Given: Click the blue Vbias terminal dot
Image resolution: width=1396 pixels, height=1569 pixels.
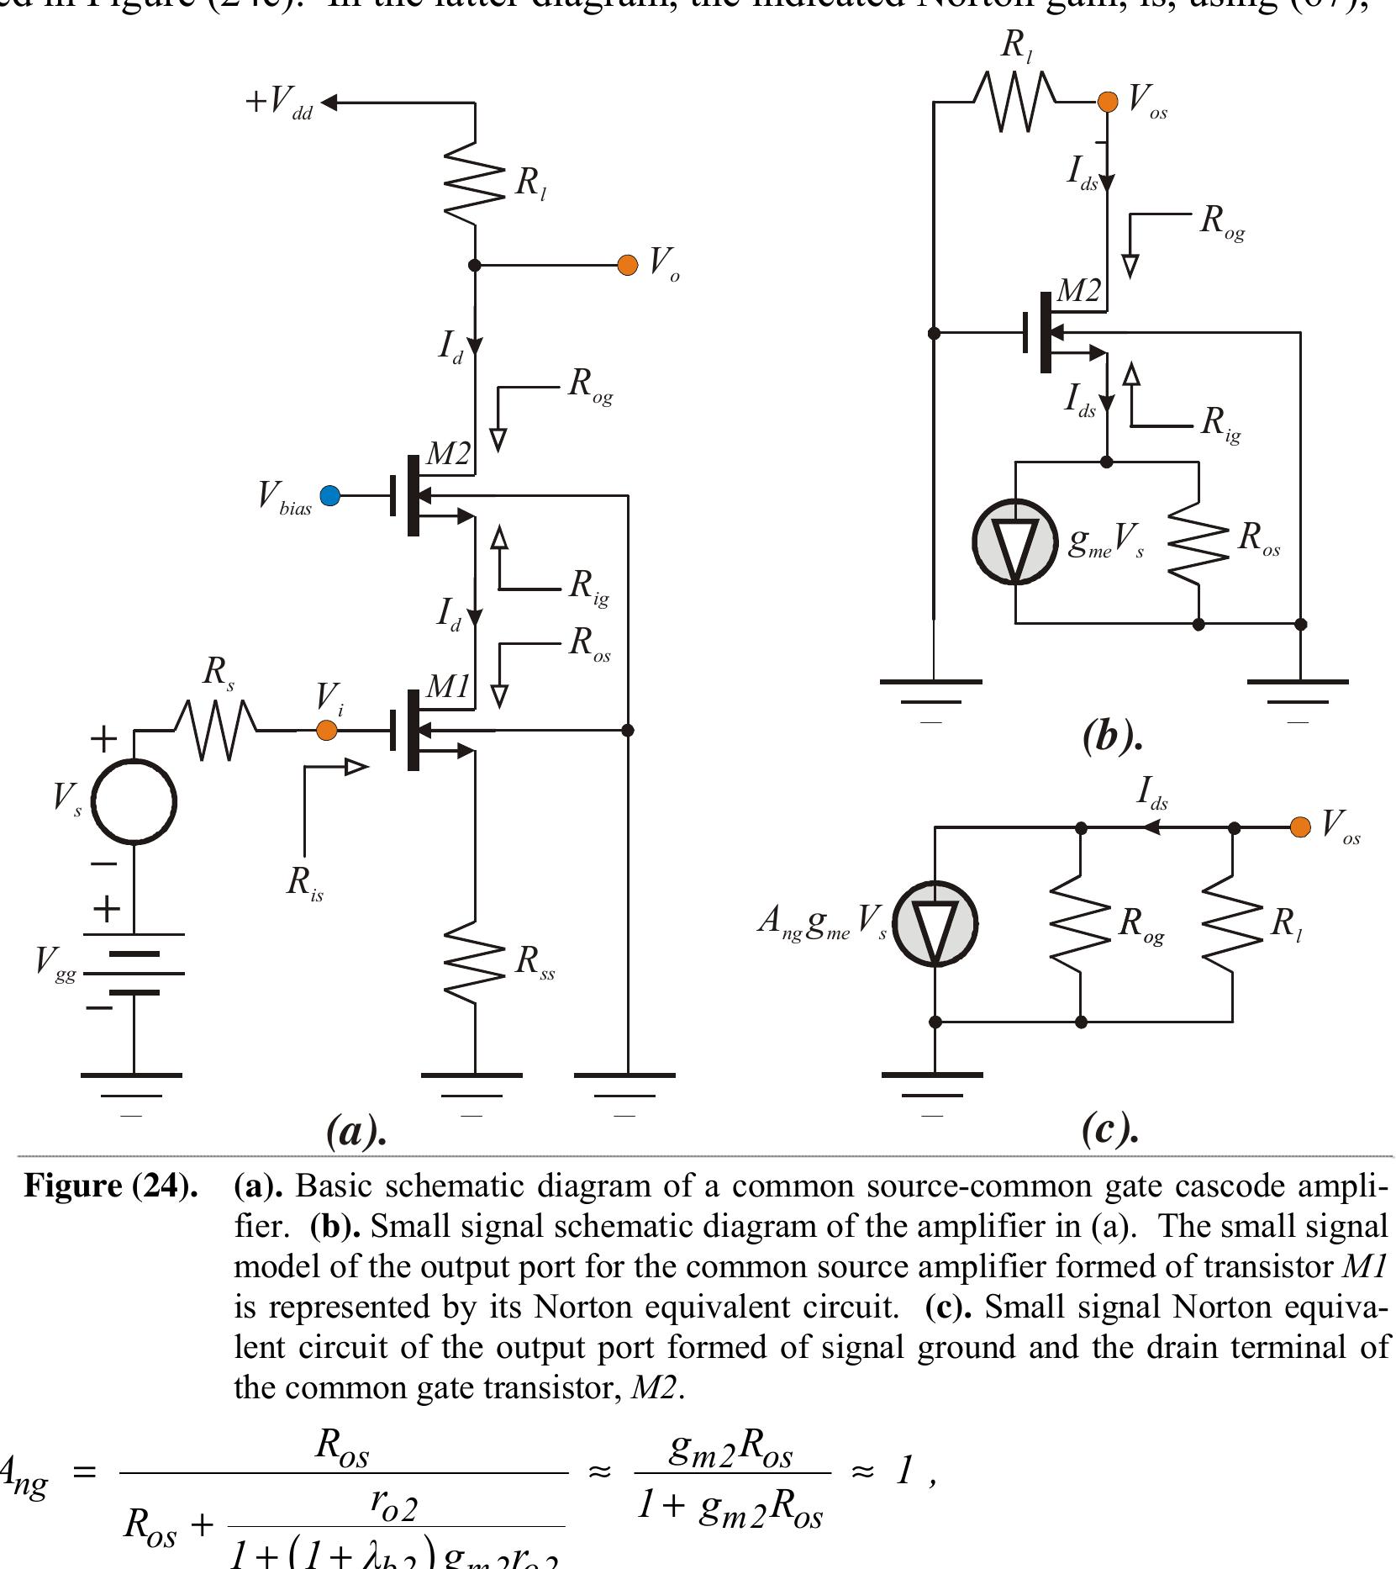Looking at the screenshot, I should [x=330, y=496].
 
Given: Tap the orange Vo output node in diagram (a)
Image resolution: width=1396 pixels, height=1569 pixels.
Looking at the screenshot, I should [x=627, y=265].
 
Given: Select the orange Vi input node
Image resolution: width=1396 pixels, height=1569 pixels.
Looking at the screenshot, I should [x=326, y=731].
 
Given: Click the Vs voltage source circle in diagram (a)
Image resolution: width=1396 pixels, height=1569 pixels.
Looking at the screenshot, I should [x=134, y=801].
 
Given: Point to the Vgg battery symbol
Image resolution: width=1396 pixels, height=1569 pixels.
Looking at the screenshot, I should [x=134, y=973].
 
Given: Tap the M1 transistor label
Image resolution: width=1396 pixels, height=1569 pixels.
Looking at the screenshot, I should [x=448, y=687].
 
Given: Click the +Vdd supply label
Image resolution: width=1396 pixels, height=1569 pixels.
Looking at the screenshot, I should [x=278, y=103].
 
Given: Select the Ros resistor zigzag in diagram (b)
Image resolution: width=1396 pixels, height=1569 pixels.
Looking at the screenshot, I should [x=1198, y=541].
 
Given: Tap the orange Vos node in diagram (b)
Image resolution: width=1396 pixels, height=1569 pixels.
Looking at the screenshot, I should [x=1108, y=102].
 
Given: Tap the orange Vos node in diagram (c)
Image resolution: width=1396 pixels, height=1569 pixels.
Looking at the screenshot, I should [x=1299, y=827].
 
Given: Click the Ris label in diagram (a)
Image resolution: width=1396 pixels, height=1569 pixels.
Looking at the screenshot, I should [x=304, y=883].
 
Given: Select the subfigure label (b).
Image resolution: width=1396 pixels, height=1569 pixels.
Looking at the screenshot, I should [x=1112, y=737].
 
